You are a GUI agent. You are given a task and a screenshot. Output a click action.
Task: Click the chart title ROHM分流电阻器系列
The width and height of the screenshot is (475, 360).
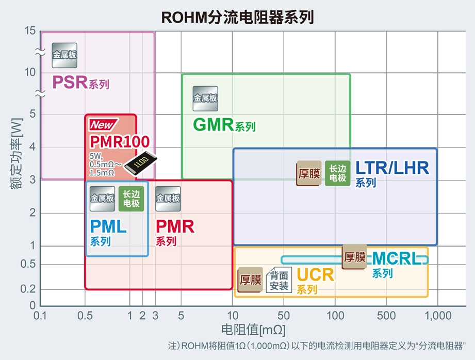237,17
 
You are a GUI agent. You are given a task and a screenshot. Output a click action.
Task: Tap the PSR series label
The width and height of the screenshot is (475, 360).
81,83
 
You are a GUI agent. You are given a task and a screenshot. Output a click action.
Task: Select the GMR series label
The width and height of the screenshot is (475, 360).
224,125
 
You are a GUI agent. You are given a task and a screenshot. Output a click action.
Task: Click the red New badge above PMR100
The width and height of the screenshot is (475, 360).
103,124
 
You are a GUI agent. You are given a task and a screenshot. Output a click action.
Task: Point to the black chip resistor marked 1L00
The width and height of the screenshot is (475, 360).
141,163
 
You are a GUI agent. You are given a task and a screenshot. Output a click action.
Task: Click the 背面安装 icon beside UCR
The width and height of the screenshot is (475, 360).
279,280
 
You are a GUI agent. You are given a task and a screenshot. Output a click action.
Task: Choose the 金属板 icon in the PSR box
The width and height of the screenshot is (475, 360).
64,55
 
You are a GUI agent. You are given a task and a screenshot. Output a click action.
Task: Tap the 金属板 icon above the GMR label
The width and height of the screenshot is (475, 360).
205,99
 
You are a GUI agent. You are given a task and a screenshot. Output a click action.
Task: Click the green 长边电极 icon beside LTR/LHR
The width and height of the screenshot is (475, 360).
337,173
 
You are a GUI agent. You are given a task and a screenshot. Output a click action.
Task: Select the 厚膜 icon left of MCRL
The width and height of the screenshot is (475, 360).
354,257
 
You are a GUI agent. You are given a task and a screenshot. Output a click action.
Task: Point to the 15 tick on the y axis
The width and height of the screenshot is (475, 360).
30,30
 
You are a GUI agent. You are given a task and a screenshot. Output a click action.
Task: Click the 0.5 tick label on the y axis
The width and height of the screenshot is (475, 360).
28,264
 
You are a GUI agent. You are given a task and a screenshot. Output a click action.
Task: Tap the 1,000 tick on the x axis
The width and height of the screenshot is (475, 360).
438,316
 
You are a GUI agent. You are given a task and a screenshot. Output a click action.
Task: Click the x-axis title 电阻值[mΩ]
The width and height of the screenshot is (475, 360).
253,330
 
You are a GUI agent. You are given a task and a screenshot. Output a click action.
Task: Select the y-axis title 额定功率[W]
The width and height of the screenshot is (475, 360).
17,153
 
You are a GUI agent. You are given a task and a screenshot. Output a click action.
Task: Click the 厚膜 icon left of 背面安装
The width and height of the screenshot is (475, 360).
250,280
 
